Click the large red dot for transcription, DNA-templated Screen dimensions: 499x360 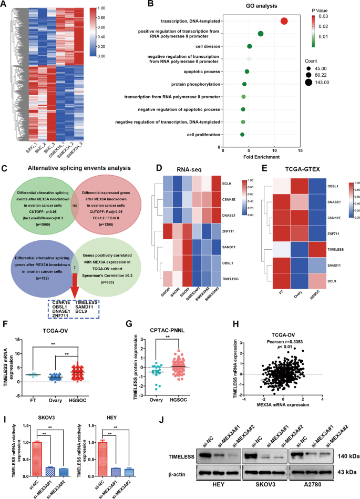coord(284,21)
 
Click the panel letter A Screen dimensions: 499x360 coord(4,5)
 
